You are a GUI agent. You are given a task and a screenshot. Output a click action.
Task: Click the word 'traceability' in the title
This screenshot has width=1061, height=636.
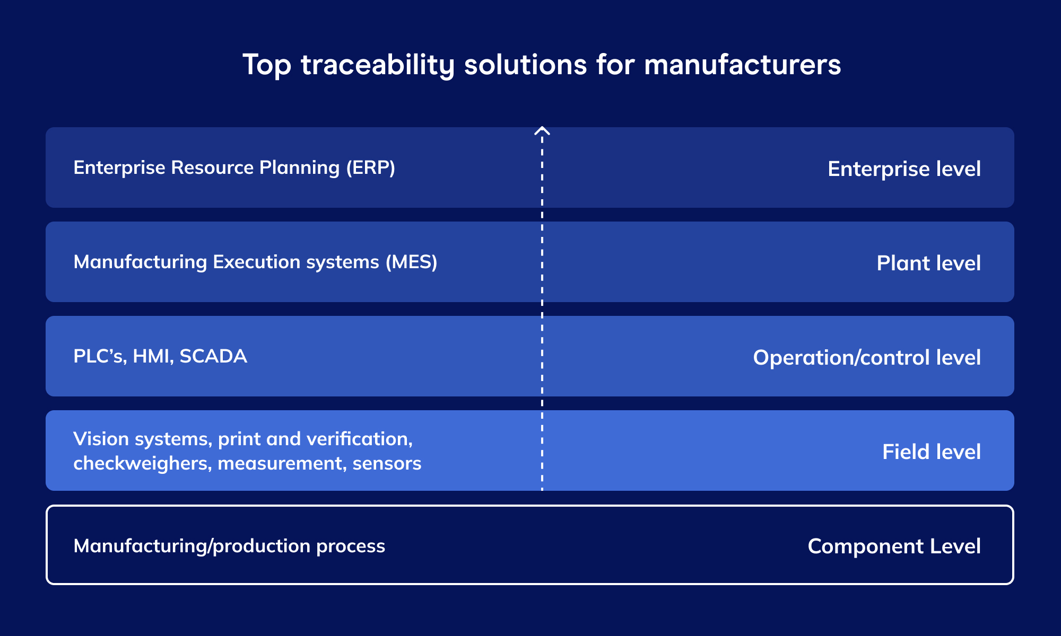[378, 65]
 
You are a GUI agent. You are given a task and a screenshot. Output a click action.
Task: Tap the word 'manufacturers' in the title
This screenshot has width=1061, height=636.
[742, 65]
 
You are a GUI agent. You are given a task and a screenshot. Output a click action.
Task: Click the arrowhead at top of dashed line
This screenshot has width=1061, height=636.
[542, 130]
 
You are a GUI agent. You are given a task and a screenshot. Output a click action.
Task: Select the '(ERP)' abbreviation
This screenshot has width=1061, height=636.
[370, 167]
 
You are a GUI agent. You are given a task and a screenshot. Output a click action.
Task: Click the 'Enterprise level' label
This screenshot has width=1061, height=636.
[904, 169]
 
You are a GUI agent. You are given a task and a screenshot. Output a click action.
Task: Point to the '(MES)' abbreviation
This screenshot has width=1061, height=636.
[411, 262]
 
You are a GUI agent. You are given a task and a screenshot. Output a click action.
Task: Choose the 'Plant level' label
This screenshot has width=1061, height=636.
[928, 263]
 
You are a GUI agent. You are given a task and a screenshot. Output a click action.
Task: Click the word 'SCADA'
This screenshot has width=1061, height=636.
[213, 356]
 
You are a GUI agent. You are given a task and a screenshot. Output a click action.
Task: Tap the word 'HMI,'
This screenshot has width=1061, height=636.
[153, 356]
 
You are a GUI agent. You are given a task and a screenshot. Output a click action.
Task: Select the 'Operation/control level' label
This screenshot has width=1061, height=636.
[866, 357]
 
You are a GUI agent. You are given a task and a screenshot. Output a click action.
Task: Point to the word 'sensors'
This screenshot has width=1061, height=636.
[387, 463]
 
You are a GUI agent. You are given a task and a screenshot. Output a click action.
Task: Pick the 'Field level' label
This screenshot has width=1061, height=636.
[931, 452]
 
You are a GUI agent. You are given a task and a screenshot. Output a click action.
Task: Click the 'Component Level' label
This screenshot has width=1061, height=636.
[894, 546]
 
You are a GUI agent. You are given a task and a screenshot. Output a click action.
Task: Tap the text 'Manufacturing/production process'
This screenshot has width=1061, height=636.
[229, 546]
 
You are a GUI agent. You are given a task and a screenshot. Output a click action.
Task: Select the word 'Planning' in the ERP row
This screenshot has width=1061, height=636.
[299, 167]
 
